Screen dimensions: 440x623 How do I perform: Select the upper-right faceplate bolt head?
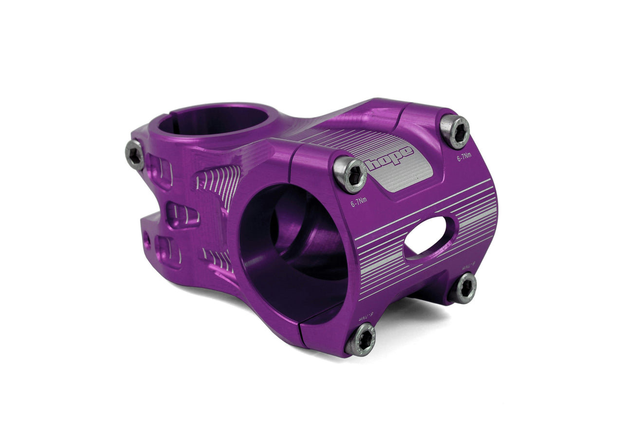[455, 131]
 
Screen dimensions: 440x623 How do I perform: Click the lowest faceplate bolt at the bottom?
[361, 339]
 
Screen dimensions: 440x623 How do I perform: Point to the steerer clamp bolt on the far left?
[135, 155]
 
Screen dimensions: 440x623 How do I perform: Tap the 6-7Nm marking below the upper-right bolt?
[464, 157]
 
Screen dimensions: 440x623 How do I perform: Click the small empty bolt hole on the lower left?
[147, 239]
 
